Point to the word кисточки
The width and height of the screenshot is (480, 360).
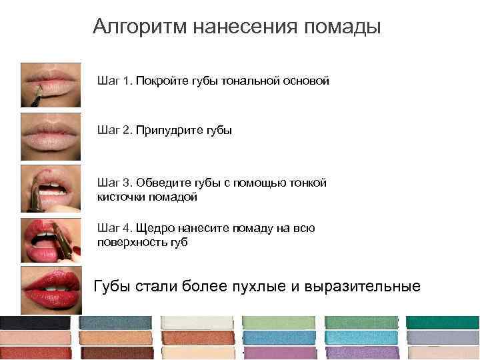[121, 197]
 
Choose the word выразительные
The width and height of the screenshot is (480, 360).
[363, 287]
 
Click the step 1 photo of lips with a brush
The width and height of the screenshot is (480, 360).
[51, 85]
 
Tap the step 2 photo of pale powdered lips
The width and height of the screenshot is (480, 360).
[51, 136]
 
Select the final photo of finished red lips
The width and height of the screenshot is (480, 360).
[51, 289]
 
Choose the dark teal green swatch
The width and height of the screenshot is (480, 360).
[443, 323]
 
